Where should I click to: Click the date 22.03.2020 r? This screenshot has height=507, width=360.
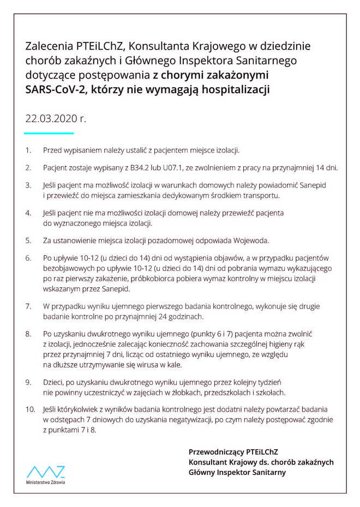pyautogui.click(x=55, y=118)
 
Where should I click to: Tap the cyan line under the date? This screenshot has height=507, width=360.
pyautogui.click(x=49, y=132)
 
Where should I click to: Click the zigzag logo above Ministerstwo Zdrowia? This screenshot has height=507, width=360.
pyautogui.click(x=46, y=472)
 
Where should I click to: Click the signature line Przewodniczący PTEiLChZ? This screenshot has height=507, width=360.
pyautogui.click(x=233, y=451)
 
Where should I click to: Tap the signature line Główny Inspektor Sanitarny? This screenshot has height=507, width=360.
pyautogui.click(x=237, y=472)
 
